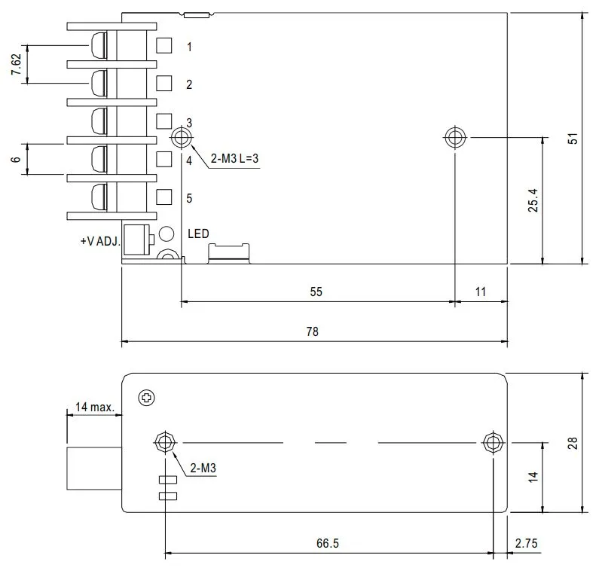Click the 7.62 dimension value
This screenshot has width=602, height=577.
tap(16, 65)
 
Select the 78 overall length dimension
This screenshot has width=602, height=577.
tap(313, 331)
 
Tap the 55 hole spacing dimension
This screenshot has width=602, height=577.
tap(316, 292)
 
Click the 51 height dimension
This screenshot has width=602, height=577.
tap(572, 139)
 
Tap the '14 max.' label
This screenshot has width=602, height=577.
tap(94, 408)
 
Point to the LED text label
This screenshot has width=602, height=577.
tap(198, 234)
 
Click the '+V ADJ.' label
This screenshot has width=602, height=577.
tap(99, 242)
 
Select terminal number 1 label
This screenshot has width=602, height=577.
tap(189, 47)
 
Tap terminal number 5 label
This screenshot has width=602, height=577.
tap(189, 198)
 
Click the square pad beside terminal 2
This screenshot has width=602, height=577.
tap(163, 83)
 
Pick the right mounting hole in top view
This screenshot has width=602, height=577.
tap(454, 138)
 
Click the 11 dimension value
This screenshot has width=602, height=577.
tap(481, 292)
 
